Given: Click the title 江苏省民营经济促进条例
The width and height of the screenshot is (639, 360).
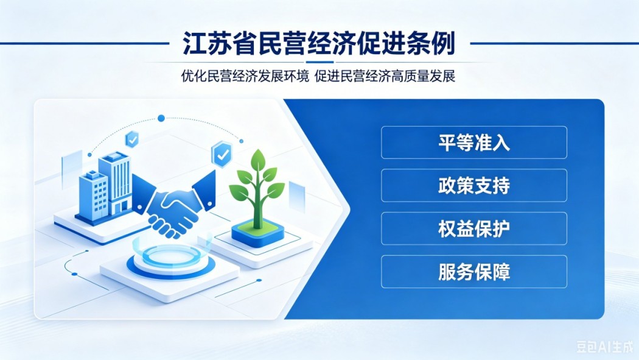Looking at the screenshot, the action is click(319, 43).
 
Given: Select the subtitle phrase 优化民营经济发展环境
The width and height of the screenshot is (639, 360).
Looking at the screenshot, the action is click(245, 76).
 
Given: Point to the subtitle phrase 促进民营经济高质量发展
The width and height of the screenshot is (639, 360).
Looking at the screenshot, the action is click(385, 76).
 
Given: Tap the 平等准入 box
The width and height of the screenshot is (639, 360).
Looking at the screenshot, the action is click(474, 143).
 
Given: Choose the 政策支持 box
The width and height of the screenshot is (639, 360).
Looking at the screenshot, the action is click(474, 186).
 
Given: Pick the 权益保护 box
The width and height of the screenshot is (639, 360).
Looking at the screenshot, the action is click(474, 228).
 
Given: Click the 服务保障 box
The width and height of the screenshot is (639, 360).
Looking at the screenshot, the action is click(474, 272).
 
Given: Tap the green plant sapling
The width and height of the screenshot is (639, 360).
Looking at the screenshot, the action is click(257, 188).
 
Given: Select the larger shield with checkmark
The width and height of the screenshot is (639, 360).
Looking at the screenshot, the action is click(222, 154).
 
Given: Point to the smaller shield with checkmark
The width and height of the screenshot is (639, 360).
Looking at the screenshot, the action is click(131, 139).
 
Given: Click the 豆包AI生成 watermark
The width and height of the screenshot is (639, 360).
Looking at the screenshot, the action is click(605, 347).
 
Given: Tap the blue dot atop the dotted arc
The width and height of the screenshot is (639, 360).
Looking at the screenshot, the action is click(161, 118).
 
